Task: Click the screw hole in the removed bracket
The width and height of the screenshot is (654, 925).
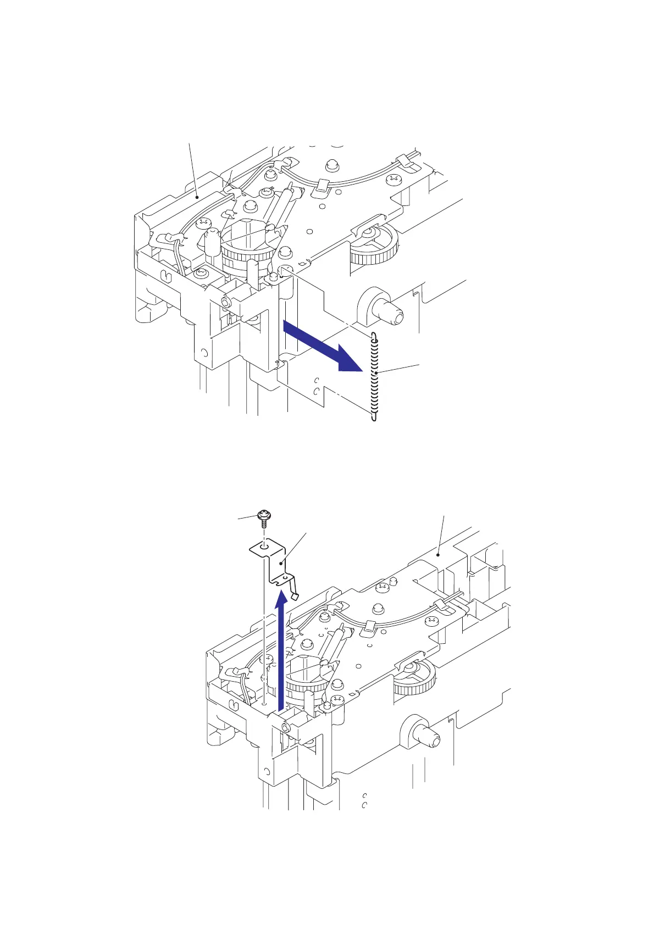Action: tap(264, 547)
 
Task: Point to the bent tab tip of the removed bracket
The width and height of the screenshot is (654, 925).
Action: tap(295, 596)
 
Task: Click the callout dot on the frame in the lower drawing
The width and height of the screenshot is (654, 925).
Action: tap(438, 554)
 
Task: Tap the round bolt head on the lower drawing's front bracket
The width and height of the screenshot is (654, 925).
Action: tap(286, 727)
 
